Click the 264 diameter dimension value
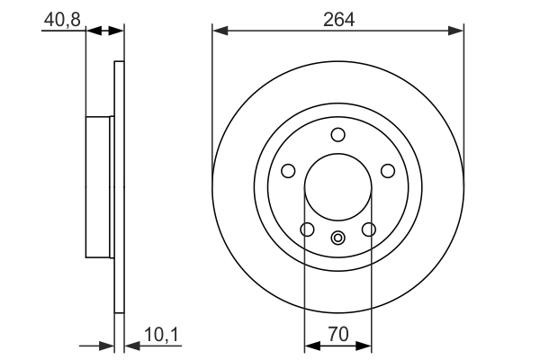pyautogui.click(x=338, y=18)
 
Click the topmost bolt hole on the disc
pyautogui.click(x=338, y=135)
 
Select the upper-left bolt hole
pyautogui.click(x=288, y=171)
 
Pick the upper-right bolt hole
pyautogui.click(x=388, y=171)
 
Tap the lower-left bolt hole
pyautogui.click(x=307, y=230)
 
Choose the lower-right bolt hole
pyautogui.click(x=369, y=230)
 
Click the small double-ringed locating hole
pyautogui.click(x=338, y=238)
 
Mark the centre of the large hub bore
pyautogui.click(x=338, y=187)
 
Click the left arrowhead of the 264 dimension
pyautogui.click(x=219, y=31)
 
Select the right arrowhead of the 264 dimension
pyautogui.click(x=458, y=31)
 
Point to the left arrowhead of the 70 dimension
pyautogui.click(x=310, y=345)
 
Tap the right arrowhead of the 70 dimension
pyautogui.click(x=365, y=345)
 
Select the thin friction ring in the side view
pyautogui.click(x=118, y=187)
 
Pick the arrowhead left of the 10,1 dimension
pyautogui.click(x=108, y=345)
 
